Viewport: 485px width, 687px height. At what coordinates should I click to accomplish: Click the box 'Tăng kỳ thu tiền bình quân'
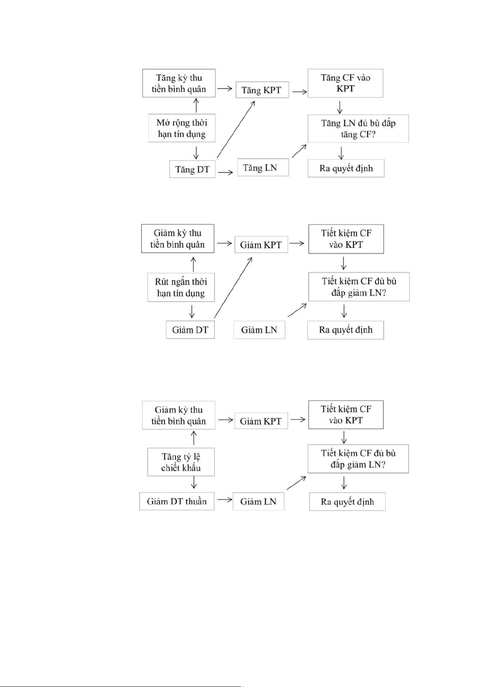[179, 83]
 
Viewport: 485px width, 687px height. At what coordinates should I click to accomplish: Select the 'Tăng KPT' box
[262, 90]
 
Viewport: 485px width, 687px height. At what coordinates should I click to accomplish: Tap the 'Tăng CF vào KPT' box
[345, 83]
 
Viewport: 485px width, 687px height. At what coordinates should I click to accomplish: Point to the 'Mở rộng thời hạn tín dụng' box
[182, 128]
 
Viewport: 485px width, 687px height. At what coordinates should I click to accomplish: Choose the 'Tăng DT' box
[192, 170]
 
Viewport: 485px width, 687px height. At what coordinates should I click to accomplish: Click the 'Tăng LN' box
[263, 168]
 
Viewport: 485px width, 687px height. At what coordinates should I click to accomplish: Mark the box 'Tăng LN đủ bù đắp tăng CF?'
[358, 129]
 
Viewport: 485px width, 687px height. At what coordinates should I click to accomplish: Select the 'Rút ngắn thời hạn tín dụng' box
[181, 287]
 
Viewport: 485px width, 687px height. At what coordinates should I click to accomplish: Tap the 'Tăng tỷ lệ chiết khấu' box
[181, 462]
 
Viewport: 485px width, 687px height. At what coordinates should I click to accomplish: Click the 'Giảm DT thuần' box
[177, 501]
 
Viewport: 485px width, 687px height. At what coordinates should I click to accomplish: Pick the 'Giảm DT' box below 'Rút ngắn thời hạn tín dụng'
[190, 330]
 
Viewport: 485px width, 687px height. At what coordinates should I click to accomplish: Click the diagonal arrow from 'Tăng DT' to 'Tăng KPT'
[236, 129]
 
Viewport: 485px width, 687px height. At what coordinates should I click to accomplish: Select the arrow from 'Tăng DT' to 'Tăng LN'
[226, 172]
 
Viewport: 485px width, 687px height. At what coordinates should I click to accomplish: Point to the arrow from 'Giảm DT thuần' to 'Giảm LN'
[224, 499]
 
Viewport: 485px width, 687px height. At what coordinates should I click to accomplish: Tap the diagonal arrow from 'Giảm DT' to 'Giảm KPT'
[233, 287]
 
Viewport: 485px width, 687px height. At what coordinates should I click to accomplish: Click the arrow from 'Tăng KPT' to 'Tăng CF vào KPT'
[299, 92]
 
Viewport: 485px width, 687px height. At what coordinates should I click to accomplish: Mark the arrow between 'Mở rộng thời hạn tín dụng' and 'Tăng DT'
[196, 152]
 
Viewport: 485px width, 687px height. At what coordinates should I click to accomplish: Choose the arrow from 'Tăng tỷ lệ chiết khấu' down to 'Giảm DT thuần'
[194, 483]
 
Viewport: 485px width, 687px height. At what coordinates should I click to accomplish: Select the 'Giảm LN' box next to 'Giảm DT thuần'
[258, 502]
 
